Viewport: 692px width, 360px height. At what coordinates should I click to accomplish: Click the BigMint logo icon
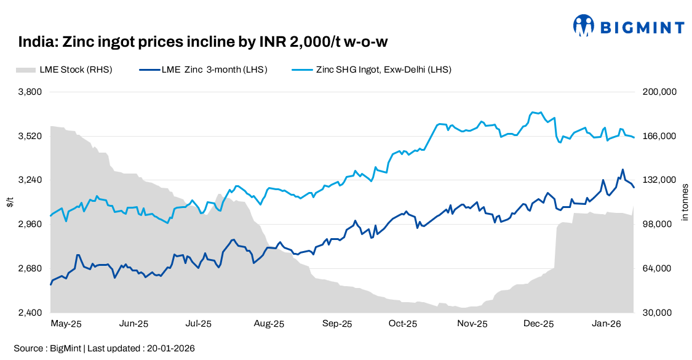tap(584, 26)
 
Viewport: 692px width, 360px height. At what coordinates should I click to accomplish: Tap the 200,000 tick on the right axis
tap(659, 92)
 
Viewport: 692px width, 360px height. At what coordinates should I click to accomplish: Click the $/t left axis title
tap(10, 202)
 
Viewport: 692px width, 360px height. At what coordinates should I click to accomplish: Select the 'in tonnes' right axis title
tap(685, 202)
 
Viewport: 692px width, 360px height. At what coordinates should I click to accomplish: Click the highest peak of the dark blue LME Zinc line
tap(622, 169)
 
